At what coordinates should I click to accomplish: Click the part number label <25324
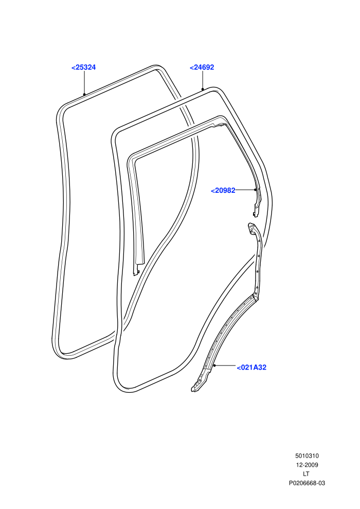coord(83,67)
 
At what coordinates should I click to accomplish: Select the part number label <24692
coord(202,67)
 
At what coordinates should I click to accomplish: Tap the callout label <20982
coord(223,191)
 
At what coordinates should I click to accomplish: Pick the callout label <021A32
coord(251,368)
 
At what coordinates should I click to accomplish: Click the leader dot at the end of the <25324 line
coord(84,95)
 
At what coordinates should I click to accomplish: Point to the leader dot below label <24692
coord(203,88)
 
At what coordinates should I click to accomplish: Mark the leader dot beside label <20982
coord(255,190)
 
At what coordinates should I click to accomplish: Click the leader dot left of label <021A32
coord(214,366)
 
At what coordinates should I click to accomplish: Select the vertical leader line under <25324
coord(84,82)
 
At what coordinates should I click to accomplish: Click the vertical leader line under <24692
coord(203,80)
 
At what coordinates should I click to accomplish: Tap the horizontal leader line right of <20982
coord(245,190)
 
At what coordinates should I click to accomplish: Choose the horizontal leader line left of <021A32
coord(225,366)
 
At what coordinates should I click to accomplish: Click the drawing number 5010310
coord(307,456)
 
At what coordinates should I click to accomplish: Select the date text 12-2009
coord(307,465)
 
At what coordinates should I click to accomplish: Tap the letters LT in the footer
coord(306,474)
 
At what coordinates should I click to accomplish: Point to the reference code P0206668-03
coord(307,483)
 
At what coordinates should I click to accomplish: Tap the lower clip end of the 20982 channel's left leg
coord(136,271)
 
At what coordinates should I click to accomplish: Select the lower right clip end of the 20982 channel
coord(256,212)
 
